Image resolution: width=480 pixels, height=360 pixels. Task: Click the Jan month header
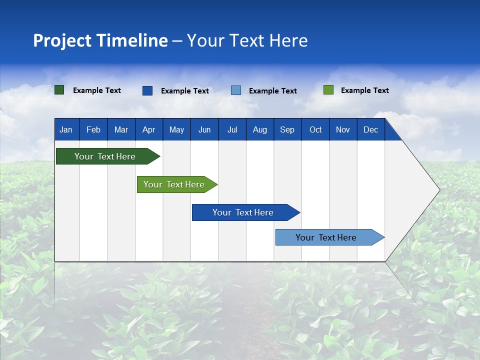66,129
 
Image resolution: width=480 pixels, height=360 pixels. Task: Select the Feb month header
93,129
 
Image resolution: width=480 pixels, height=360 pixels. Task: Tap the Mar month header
121,129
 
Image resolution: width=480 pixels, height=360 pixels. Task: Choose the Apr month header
149,129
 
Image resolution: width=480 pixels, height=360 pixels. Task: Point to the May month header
176,129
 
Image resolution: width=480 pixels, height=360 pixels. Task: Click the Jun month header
204,129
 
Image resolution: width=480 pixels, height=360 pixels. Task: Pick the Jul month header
232,129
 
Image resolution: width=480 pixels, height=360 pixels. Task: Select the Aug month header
260,129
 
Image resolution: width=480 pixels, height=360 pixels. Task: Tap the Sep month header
287,129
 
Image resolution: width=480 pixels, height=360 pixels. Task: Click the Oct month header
315,129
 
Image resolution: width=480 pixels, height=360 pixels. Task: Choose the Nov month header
343,129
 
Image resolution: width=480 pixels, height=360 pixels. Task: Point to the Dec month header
371,129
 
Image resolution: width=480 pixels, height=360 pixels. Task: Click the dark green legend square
59,90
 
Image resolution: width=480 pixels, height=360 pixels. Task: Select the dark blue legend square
147,90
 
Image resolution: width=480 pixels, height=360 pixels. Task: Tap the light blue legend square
236,90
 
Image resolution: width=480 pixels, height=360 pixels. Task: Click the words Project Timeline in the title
100,40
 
